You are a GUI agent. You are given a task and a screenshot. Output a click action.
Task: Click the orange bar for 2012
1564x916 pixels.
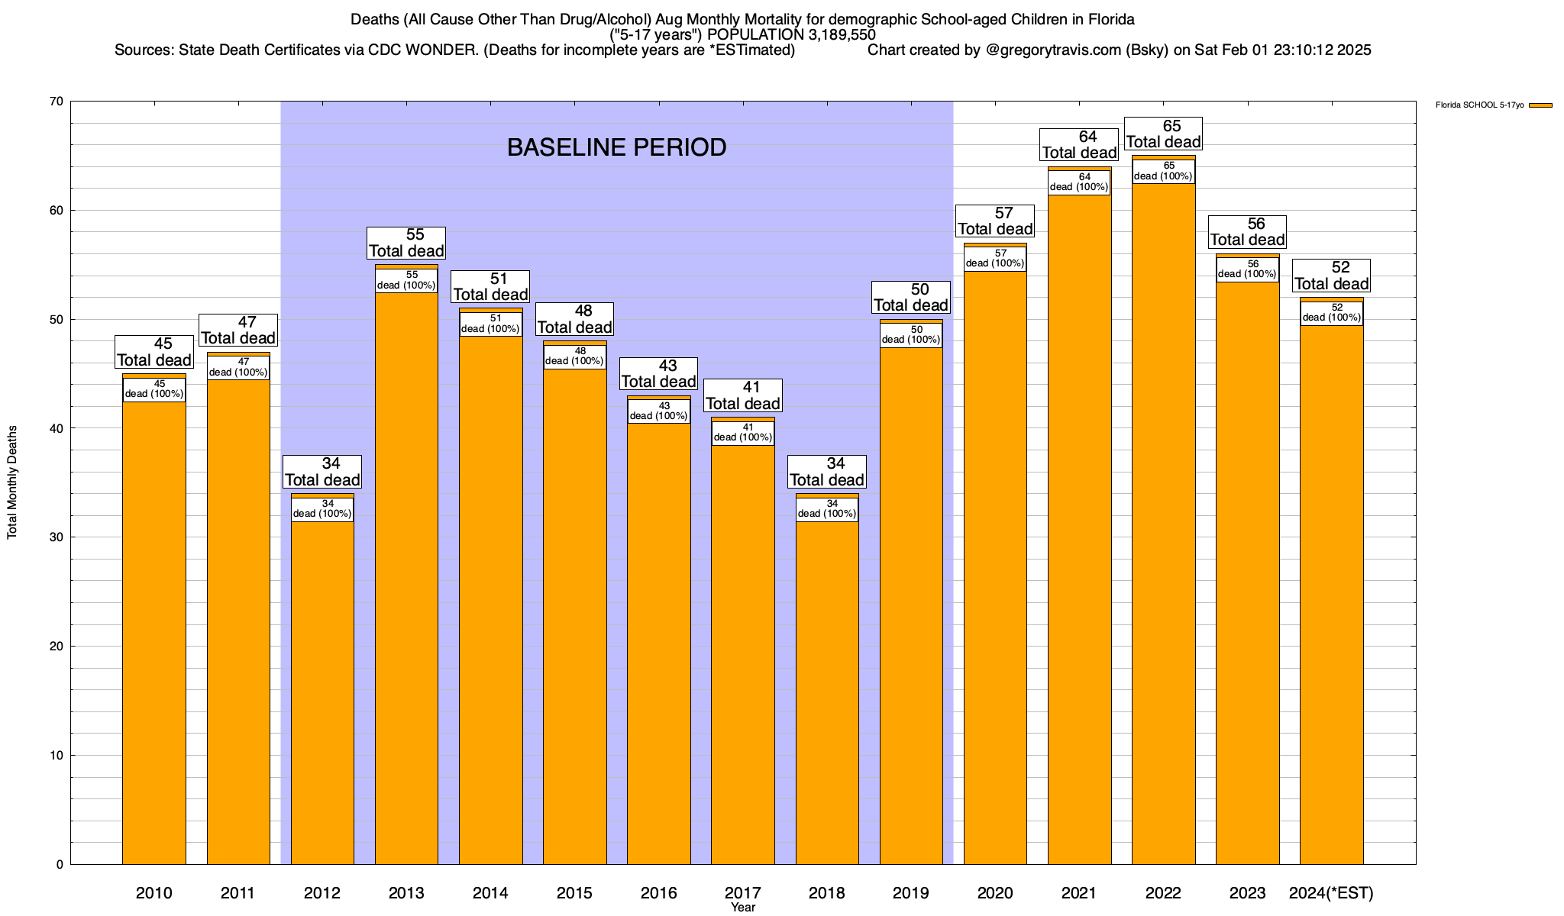322,687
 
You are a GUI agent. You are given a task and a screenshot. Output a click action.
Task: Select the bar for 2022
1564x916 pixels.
1163,534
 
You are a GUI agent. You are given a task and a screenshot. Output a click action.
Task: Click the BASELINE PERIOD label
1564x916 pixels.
616,147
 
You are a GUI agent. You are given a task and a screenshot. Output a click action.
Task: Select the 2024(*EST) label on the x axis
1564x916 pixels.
1331,893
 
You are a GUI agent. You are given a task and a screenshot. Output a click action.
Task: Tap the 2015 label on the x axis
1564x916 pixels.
574,893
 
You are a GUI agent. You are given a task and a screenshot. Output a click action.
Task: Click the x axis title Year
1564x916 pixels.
742,908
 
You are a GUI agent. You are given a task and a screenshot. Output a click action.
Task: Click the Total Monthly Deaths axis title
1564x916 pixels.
12,482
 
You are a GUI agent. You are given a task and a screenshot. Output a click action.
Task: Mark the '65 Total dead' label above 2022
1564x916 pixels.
1163,134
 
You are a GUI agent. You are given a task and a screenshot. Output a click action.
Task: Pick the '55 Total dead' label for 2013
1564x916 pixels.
406,244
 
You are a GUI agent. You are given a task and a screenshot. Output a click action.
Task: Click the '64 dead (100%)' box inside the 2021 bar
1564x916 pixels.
1078,182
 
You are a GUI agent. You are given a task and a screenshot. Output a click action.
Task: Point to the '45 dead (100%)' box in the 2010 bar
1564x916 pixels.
154,389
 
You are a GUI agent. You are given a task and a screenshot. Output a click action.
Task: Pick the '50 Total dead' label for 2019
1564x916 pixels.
911,298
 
